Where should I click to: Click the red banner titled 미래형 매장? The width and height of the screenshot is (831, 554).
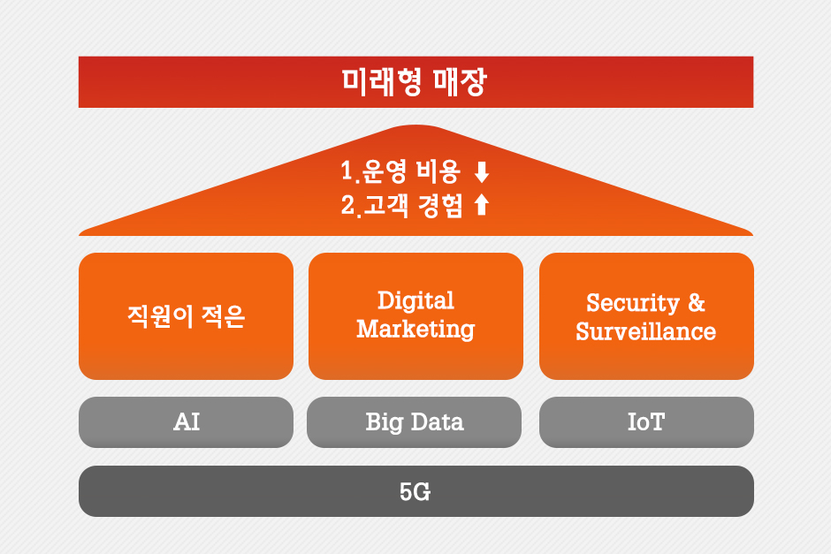415,82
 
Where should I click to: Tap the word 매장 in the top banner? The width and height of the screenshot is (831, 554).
459,82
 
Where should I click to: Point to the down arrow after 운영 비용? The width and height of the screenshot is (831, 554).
482,172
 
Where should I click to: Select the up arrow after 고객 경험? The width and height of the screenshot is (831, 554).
482,204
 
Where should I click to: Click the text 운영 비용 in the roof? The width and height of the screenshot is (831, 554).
412,171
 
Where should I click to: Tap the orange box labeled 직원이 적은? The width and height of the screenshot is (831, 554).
186,316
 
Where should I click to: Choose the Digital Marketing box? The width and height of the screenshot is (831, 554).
416,316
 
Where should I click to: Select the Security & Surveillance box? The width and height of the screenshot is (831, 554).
646,316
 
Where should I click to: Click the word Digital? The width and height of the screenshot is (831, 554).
415,301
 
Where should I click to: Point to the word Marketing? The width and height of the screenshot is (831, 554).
415,330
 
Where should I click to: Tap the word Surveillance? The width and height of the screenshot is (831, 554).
646,331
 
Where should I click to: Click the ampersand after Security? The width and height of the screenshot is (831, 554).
697,302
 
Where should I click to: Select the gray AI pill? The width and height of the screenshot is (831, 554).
186,422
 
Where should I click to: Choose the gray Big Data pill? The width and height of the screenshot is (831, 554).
414,422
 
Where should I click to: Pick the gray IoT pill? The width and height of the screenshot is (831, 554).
646,422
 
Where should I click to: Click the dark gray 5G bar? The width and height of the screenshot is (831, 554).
416,491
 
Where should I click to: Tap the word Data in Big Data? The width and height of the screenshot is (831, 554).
438,422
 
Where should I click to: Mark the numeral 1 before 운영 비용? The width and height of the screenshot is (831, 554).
347,171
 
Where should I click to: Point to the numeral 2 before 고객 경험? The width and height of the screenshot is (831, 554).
347,205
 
